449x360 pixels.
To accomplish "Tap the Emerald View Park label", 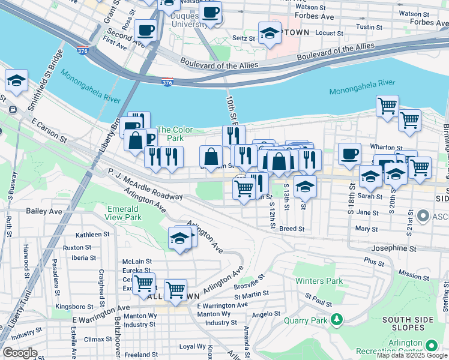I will pyautogui.click(x=124, y=213).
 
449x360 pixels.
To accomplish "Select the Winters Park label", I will pyautogui.click(x=318, y=281).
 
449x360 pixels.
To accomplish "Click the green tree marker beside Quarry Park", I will pyautogui.click(x=338, y=319).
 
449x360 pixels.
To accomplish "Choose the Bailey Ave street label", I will pyautogui.click(x=44, y=212).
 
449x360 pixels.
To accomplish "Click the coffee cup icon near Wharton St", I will pyautogui.click(x=349, y=154).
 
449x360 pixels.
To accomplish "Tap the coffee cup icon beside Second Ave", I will pyautogui.click(x=145, y=29).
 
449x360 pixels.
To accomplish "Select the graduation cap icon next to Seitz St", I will pyautogui.click(x=270, y=34).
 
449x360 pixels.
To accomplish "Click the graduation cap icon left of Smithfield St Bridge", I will pyautogui.click(x=17, y=81).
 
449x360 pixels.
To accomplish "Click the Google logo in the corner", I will pyautogui.click(x=20, y=353).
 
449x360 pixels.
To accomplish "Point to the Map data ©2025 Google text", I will pyautogui.click(x=411, y=355).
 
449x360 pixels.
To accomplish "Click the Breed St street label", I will pyautogui.click(x=292, y=229).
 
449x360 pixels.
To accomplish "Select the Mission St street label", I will pyautogui.click(x=414, y=275).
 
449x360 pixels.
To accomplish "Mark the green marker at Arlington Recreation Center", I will pyautogui.click(x=431, y=346).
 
